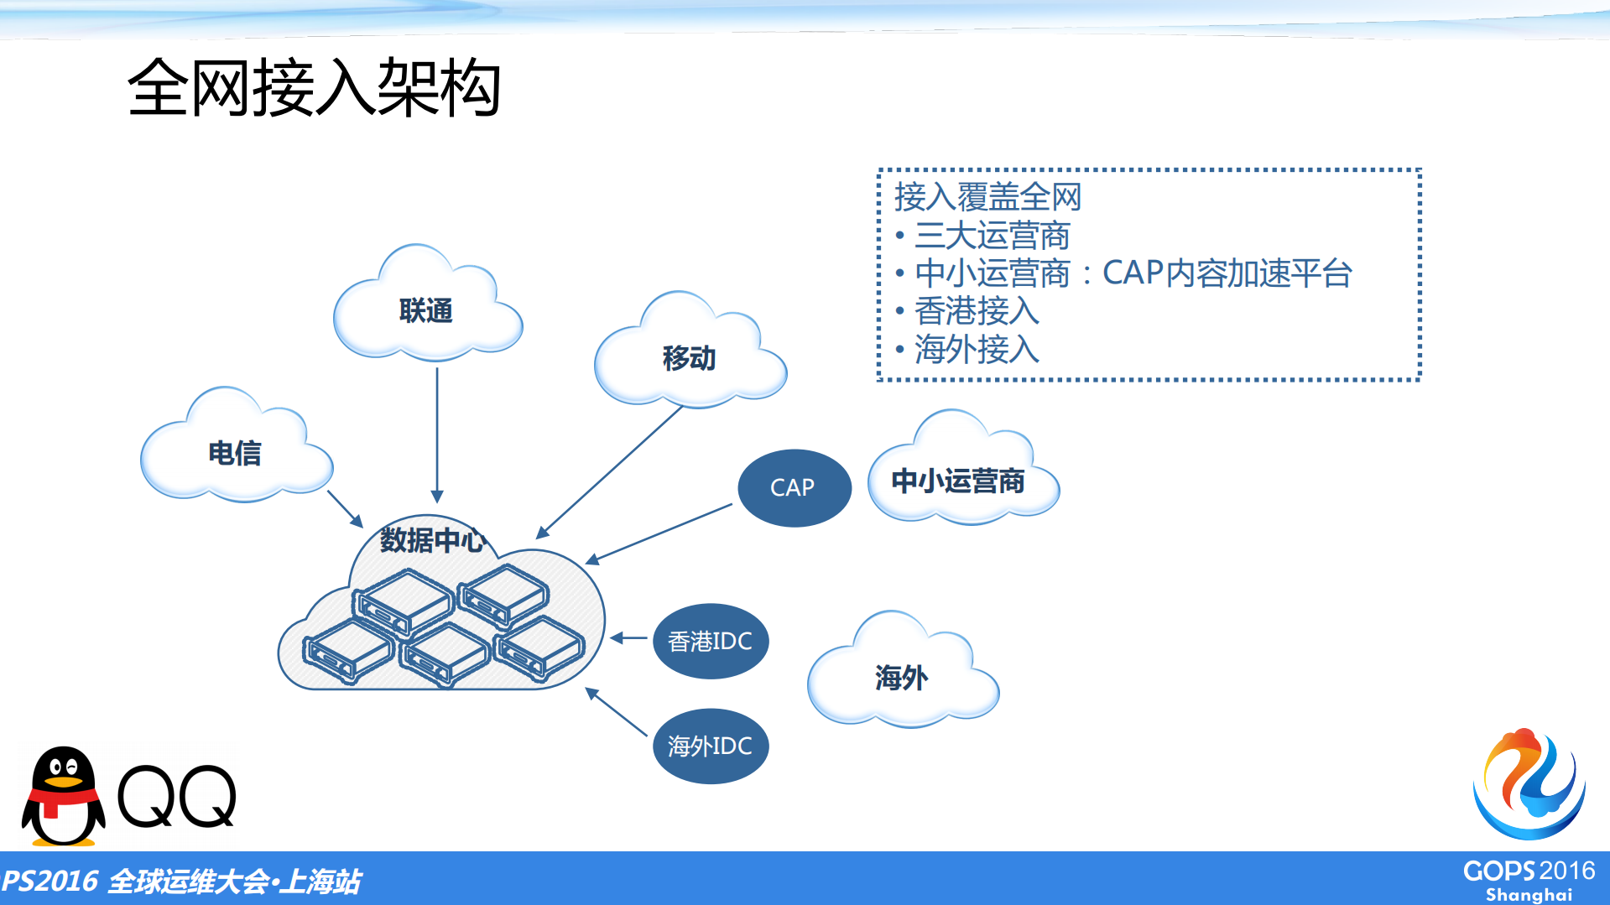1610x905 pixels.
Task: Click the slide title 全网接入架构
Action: [x=314, y=87]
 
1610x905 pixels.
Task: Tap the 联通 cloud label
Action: [x=425, y=311]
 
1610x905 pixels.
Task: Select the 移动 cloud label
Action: [x=689, y=358]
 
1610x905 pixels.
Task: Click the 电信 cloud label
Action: [x=234, y=453]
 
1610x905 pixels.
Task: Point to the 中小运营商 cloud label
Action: [x=957, y=481]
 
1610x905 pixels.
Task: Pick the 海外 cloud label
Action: [x=901, y=677]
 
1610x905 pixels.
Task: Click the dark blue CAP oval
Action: [x=794, y=487]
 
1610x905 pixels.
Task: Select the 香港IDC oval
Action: [x=710, y=642]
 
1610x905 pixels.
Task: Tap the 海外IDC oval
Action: [x=710, y=746]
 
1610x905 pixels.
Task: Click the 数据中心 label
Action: [x=432, y=539]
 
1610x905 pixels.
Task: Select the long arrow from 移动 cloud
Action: [x=611, y=471]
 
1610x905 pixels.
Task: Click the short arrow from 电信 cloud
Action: [x=344, y=508]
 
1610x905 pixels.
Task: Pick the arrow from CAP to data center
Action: [x=659, y=533]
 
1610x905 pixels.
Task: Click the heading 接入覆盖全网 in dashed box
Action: [x=987, y=197]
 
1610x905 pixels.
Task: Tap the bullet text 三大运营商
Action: [x=992, y=236]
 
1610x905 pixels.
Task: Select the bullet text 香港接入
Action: [x=977, y=311]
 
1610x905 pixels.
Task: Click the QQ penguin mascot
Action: [x=63, y=796]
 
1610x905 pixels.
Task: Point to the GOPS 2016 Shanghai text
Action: [x=1528, y=880]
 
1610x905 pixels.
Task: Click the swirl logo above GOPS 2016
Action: [x=1528, y=784]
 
